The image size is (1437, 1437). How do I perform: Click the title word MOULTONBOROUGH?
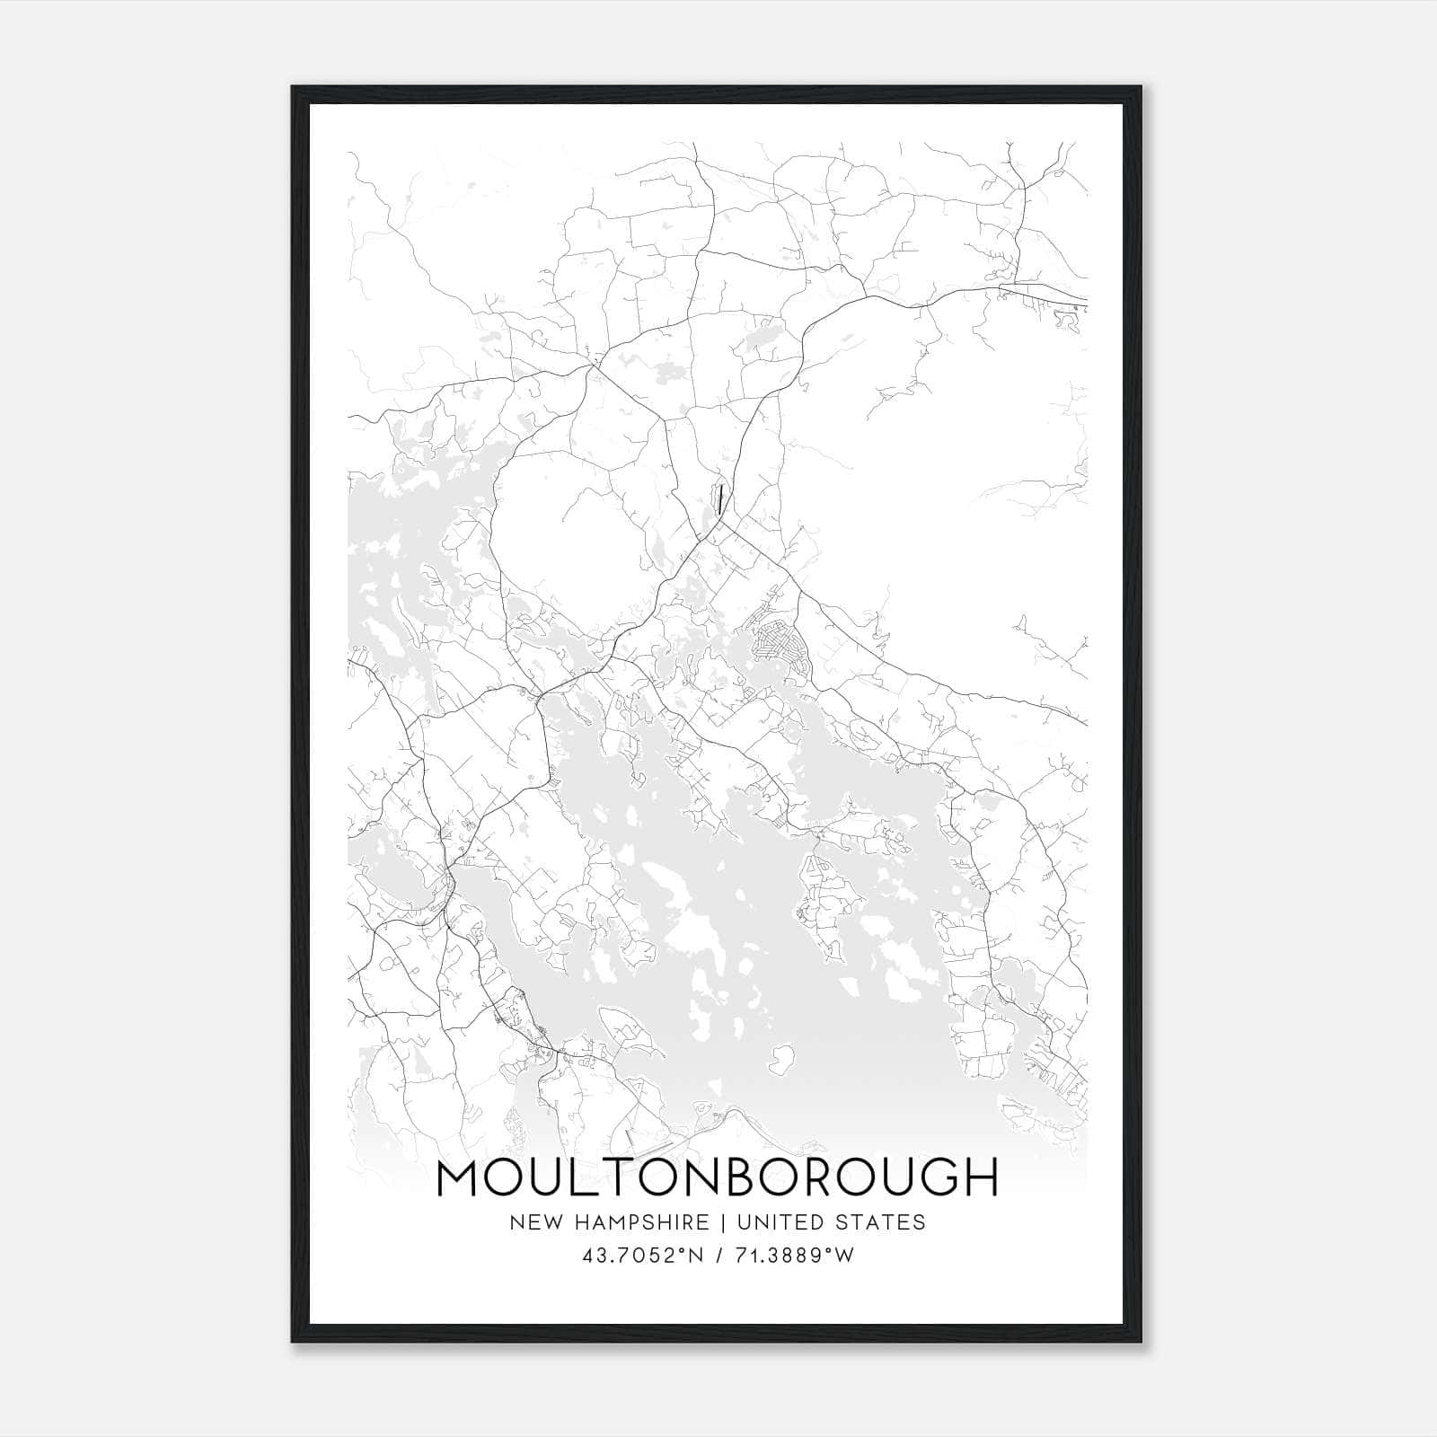[x=717, y=1178]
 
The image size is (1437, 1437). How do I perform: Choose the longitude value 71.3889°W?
[x=792, y=1255]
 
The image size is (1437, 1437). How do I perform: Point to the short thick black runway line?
[x=721, y=498]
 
